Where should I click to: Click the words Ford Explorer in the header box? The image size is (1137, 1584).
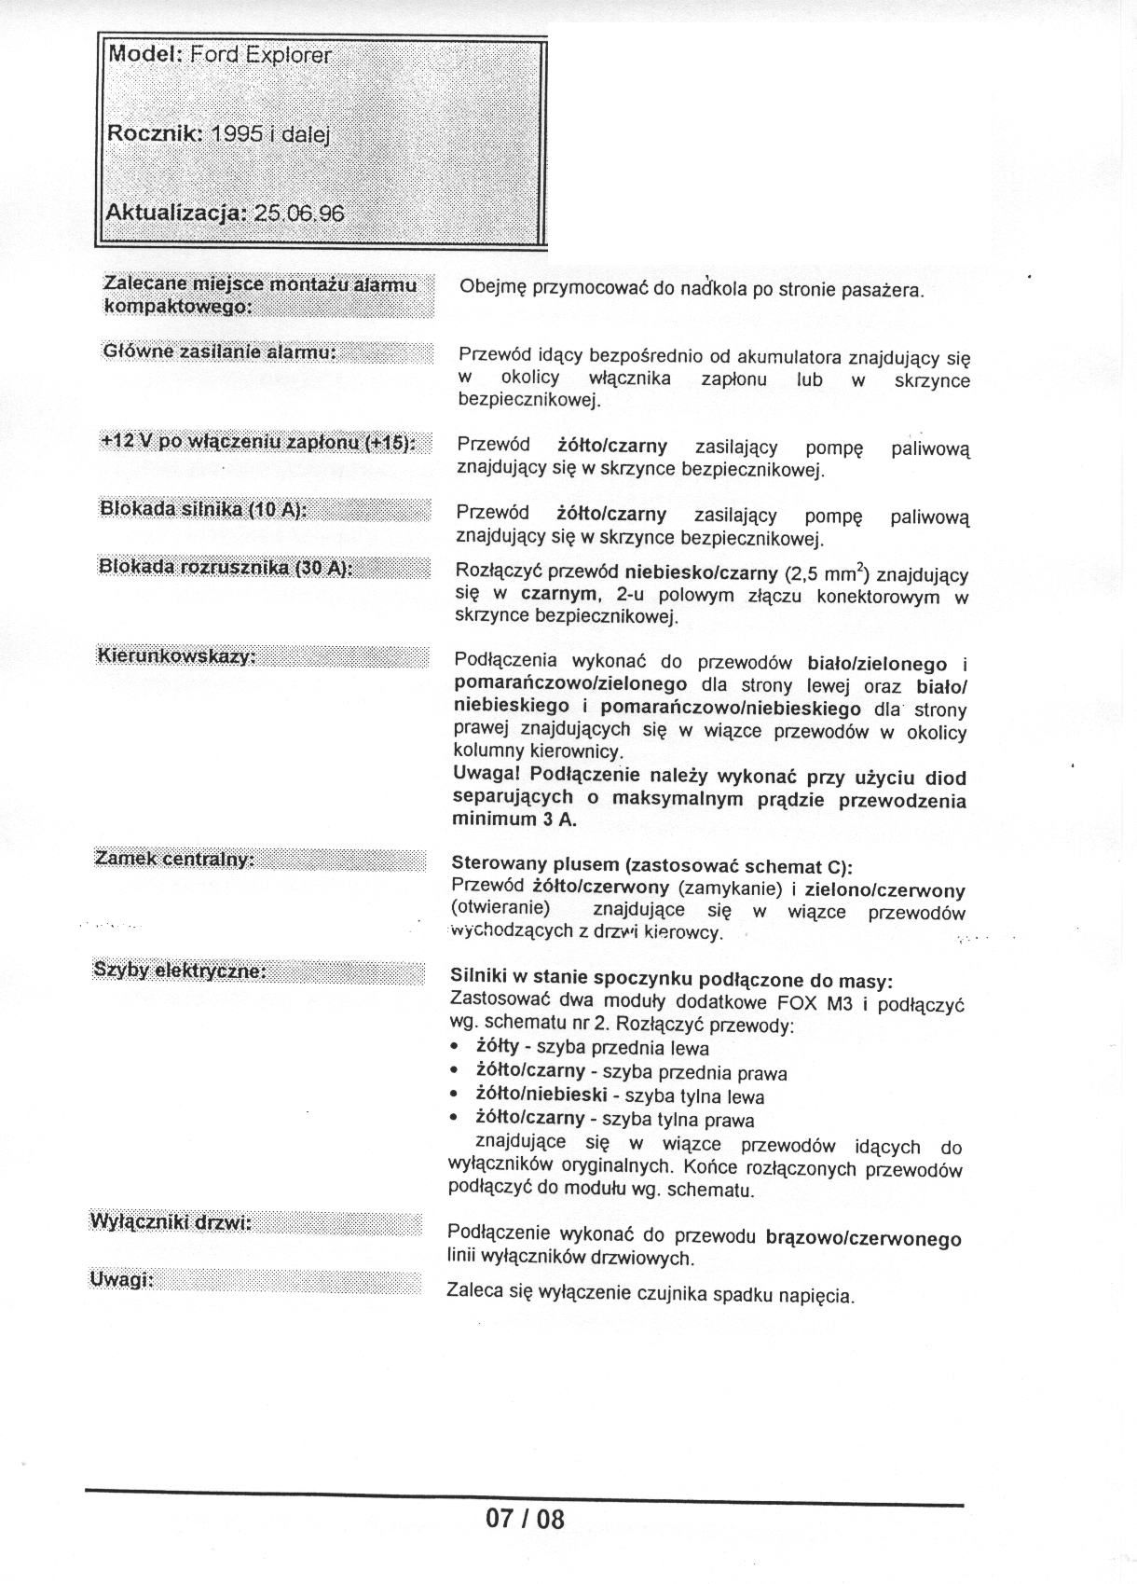pyautogui.click(x=260, y=55)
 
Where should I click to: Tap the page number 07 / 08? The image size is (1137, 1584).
pyautogui.click(x=525, y=1519)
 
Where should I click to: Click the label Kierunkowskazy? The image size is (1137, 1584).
pyautogui.click(x=176, y=656)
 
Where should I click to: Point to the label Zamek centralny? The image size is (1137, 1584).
pyautogui.click(x=175, y=859)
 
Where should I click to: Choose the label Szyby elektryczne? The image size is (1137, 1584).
pyautogui.click(x=180, y=971)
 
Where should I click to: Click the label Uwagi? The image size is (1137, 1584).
pyautogui.click(x=121, y=1279)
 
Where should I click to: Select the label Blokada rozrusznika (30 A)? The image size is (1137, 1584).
pyautogui.click(x=224, y=569)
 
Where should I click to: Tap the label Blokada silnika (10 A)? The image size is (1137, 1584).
pyautogui.click(x=202, y=509)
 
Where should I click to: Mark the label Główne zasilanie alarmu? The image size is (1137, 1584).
pyautogui.click(x=218, y=352)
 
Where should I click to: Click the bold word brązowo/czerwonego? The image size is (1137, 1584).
pyautogui.click(x=863, y=1239)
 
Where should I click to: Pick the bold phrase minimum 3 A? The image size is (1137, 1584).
pyautogui.click(x=514, y=820)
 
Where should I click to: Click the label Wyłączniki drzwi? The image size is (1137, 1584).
pyautogui.click(x=171, y=1222)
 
